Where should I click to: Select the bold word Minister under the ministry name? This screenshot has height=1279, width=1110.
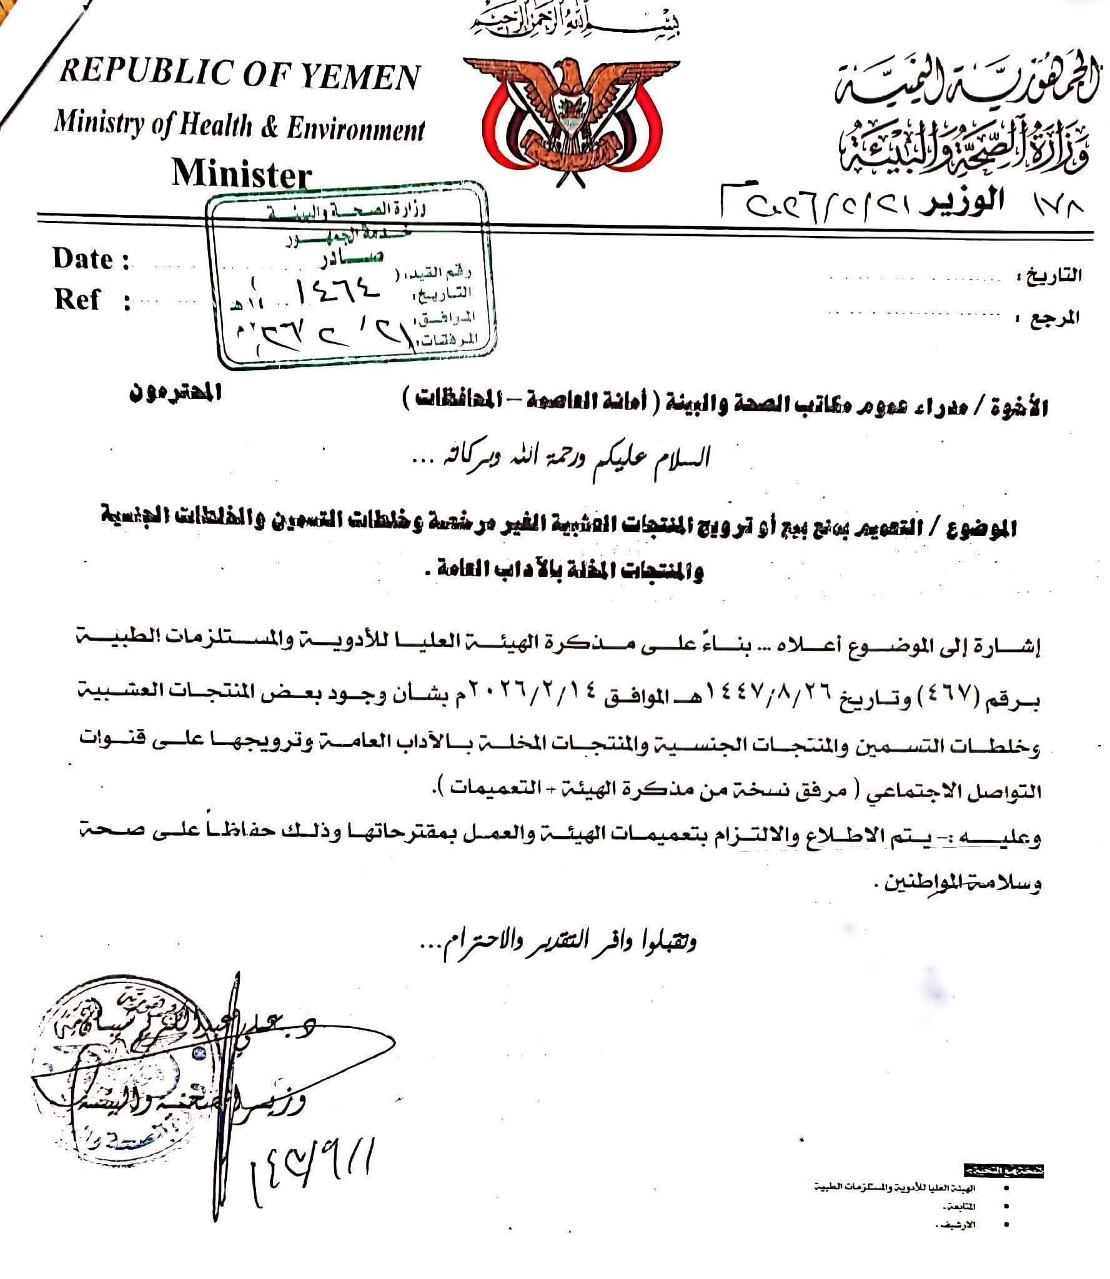[x=241, y=173]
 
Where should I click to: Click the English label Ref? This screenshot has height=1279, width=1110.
[x=77, y=299]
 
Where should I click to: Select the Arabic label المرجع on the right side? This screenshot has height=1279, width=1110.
[x=1061, y=318]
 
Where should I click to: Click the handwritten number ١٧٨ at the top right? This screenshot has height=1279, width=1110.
[x=1062, y=204]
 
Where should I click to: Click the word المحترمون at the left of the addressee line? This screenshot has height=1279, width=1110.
[x=174, y=396]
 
